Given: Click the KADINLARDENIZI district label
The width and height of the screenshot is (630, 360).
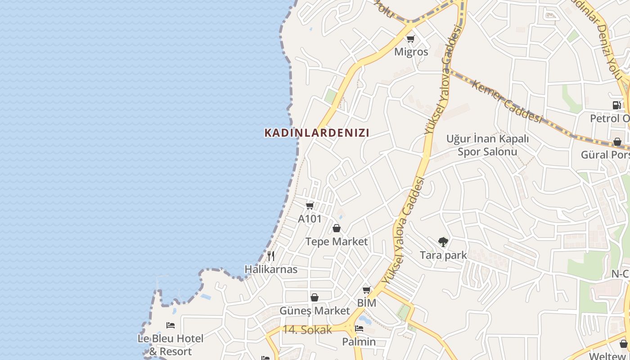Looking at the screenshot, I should (x=317, y=133).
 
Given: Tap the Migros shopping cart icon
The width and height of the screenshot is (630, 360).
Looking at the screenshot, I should (x=410, y=39).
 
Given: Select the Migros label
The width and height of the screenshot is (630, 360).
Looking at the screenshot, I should (x=411, y=52).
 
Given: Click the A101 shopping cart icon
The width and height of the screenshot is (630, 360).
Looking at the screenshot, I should (x=310, y=206).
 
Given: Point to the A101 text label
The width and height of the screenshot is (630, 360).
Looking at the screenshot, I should (x=310, y=219).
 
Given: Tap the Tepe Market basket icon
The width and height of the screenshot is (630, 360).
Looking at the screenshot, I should (x=337, y=228).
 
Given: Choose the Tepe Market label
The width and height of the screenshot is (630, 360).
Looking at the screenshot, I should (x=337, y=242).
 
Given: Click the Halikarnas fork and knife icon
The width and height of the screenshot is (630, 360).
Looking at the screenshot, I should (x=271, y=256).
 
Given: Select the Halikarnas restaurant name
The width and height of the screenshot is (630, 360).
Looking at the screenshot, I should (x=271, y=270).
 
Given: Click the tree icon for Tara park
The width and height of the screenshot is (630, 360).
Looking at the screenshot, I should (x=443, y=242).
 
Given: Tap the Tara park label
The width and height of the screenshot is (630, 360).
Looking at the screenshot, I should (x=443, y=256).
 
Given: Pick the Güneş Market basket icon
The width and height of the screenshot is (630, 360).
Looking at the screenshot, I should (x=315, y=297).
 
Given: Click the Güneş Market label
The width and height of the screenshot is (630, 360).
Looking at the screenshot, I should (x=315, y=311).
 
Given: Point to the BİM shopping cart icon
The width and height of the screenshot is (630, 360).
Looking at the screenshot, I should (x=367, y=290).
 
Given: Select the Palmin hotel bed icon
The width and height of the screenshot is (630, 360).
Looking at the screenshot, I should (x=359, y=328).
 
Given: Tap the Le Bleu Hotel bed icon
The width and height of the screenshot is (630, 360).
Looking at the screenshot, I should (x=171, y=325).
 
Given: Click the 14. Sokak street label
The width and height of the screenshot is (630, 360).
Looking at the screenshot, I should (x=307, y=330).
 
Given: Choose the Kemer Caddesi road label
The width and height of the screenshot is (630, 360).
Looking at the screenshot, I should (x=507, y=101).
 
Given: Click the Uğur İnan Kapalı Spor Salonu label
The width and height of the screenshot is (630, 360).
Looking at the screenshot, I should (x=487, y=145).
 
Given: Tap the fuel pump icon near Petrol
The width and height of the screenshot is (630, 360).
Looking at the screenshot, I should (x=616, y=105).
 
